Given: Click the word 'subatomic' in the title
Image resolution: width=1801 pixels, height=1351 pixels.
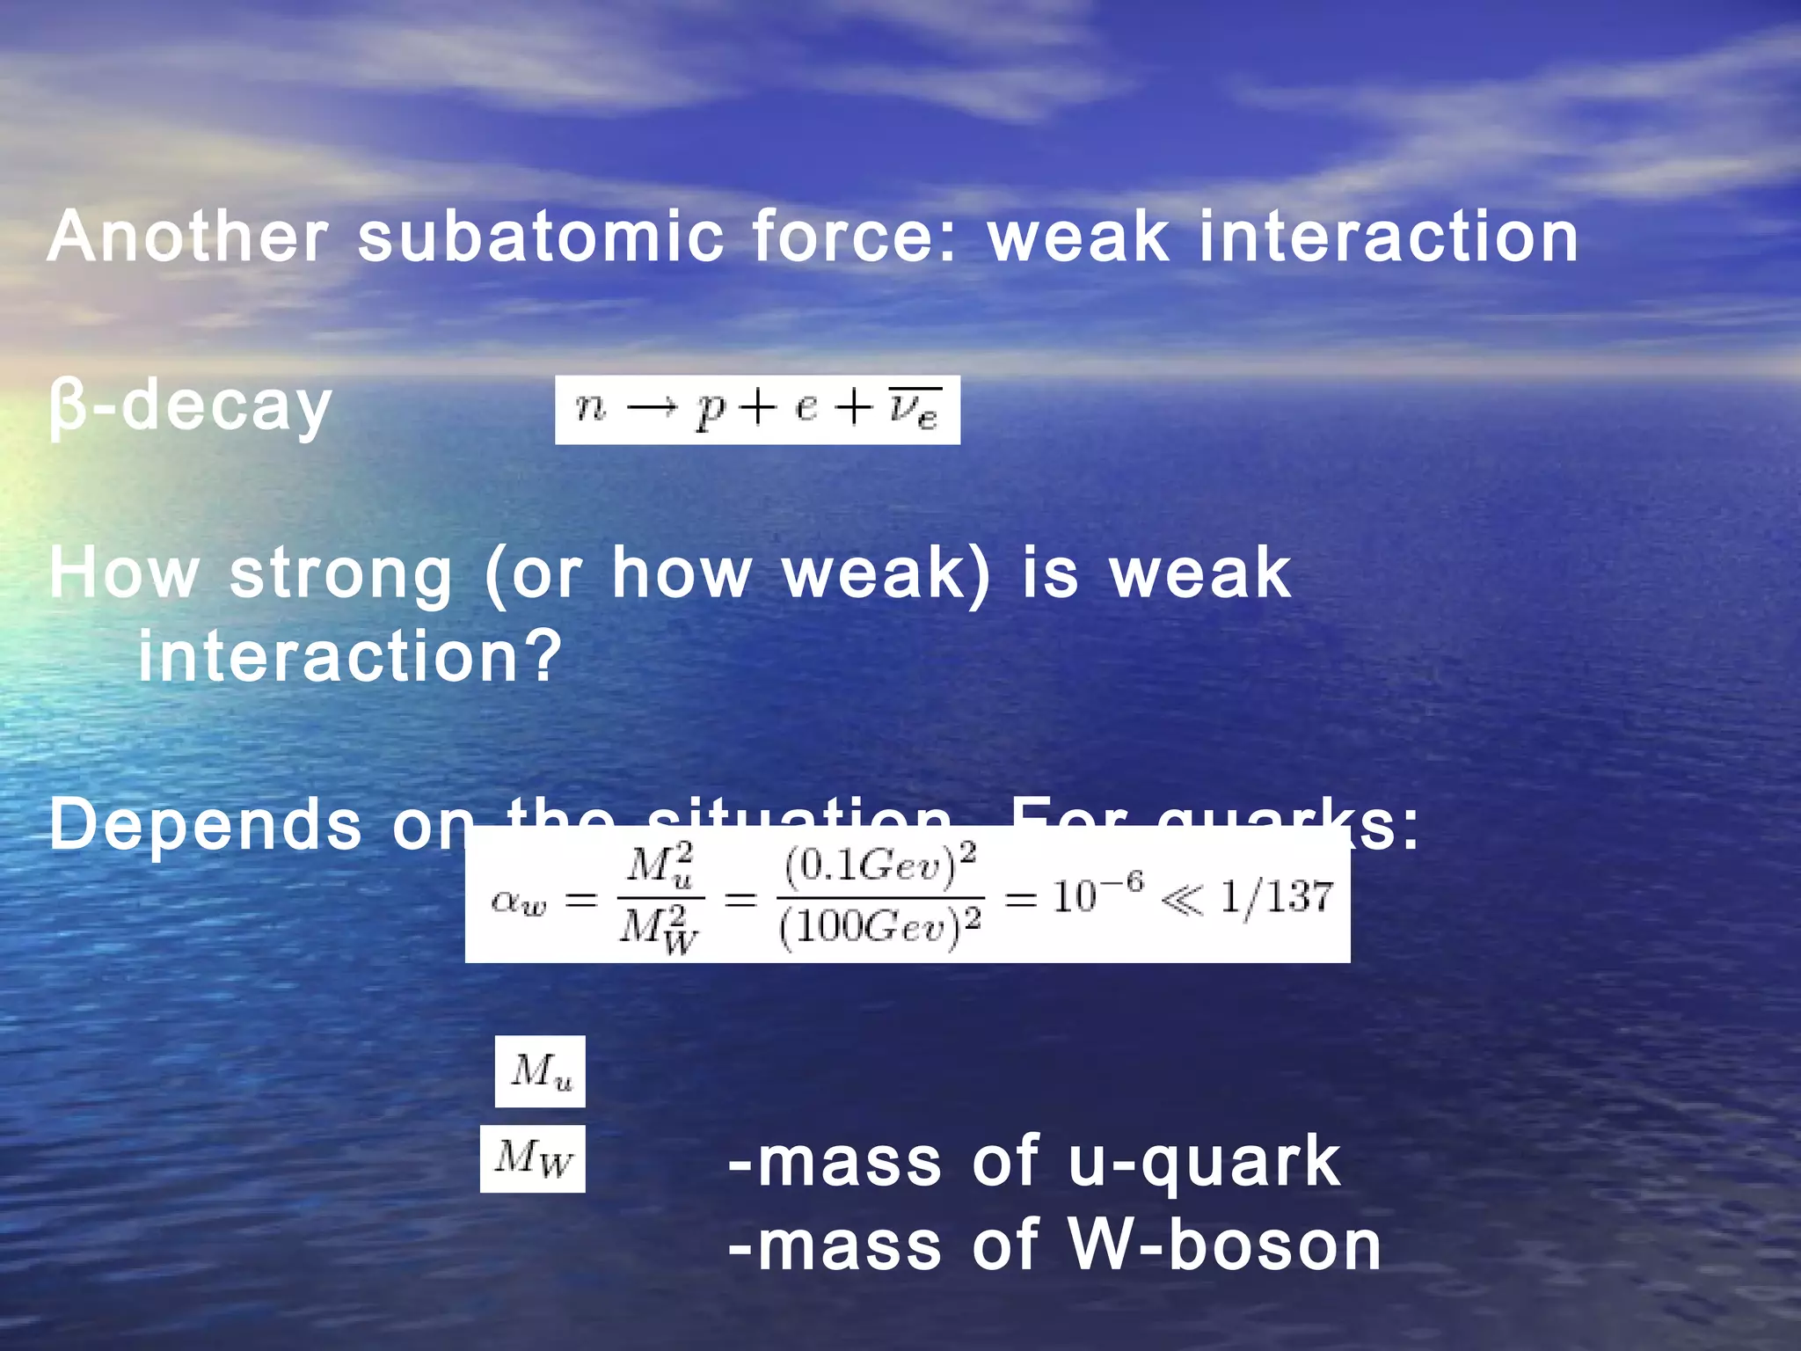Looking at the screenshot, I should click(x=541, y=237).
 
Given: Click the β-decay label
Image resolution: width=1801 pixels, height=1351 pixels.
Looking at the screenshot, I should click(x=190, y=408).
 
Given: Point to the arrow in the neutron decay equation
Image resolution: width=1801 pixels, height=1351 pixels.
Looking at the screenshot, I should click(x=652, y=408).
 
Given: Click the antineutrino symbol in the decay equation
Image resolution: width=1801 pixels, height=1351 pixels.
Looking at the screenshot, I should click(x=914, y=408).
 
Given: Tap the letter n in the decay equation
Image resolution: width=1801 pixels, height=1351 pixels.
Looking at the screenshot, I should click(x=590, y=408).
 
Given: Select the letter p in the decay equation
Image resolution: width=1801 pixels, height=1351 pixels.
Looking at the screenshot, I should click(x=709, y=410).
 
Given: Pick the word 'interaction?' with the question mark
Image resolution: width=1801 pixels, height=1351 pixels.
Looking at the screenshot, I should click(x=349, y=658).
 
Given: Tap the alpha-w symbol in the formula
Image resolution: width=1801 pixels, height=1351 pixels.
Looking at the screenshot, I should click(x=519, y=901).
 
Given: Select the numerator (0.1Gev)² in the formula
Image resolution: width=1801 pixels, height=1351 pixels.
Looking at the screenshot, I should click(x=879, y=866).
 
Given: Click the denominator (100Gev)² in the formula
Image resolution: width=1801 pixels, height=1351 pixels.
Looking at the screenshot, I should click(x=879, y=928).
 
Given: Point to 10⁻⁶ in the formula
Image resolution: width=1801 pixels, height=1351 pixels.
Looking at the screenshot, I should click(x=1097, y=895).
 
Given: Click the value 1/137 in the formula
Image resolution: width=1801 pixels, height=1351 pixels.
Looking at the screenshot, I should click(x=1276, y=897).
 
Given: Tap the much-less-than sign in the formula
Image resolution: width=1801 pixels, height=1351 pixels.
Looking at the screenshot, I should click(x=1181, y=900).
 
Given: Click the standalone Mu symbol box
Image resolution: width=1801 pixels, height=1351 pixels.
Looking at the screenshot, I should click(x=540, y=1071).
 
